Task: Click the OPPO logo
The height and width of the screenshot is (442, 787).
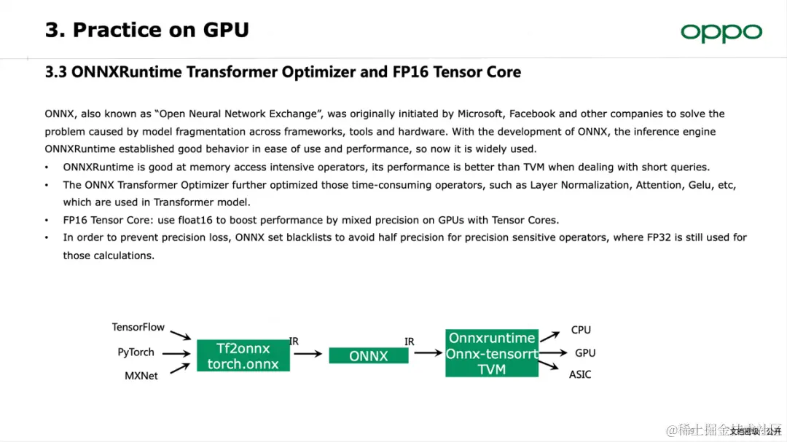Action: point(721,33)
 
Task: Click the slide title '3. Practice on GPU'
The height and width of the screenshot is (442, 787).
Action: point(146,30)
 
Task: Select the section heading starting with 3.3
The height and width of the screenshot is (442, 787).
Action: point(283,72)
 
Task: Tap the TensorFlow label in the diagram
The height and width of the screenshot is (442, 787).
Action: point(138,328)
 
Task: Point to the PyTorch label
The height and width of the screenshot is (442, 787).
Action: point(136,352)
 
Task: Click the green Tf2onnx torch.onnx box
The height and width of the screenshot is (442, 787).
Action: point(243,356)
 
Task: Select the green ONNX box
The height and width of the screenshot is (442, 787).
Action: point(368,356)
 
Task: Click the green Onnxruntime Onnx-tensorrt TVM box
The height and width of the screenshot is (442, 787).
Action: point(492,353)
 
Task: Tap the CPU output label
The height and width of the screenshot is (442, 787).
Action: point(581,330)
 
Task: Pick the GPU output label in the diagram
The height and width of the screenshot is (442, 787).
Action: point(584,353)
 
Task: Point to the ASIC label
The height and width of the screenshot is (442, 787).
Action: point(580,375)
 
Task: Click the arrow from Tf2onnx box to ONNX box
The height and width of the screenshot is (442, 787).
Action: point(308,354)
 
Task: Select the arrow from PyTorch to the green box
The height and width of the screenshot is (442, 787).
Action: point(178,354)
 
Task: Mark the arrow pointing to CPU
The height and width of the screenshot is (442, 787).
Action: point(549,334)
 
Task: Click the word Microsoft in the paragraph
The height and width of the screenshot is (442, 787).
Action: point(481,114)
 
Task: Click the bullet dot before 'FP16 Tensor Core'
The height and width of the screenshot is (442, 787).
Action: point(47,220)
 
